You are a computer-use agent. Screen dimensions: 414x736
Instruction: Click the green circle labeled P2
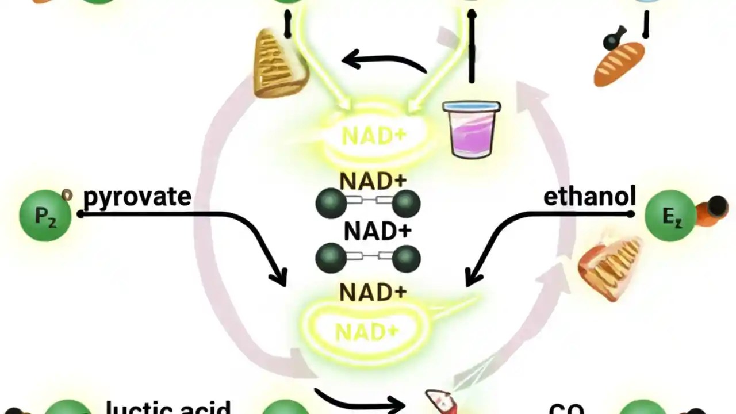45,216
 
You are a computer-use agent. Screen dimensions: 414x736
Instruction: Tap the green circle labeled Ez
670,216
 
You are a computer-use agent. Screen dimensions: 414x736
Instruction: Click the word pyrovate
137,197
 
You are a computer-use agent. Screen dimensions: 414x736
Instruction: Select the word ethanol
589,196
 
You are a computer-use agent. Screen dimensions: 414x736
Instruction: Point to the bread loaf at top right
619,63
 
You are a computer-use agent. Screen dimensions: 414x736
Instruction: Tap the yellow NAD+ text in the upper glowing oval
374,136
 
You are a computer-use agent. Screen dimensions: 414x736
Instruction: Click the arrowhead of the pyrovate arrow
280,279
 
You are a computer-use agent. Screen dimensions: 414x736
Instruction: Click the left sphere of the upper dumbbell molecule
331,204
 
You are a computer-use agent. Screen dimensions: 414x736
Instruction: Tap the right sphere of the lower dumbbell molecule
406,258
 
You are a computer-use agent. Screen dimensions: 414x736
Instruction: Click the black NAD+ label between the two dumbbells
378,232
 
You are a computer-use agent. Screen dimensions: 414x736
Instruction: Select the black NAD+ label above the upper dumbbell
373,181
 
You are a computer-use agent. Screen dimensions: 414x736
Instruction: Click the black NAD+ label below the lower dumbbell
373,293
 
